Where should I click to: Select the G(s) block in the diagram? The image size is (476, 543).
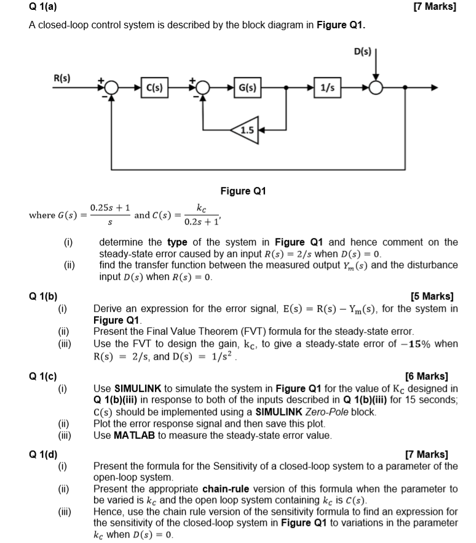[x=247, y=87]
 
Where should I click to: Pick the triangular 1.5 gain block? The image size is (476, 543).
[x=245, y=130]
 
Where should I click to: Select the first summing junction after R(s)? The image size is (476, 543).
[x=111, y=87]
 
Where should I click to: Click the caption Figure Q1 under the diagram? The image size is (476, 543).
[x=243, y=191]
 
